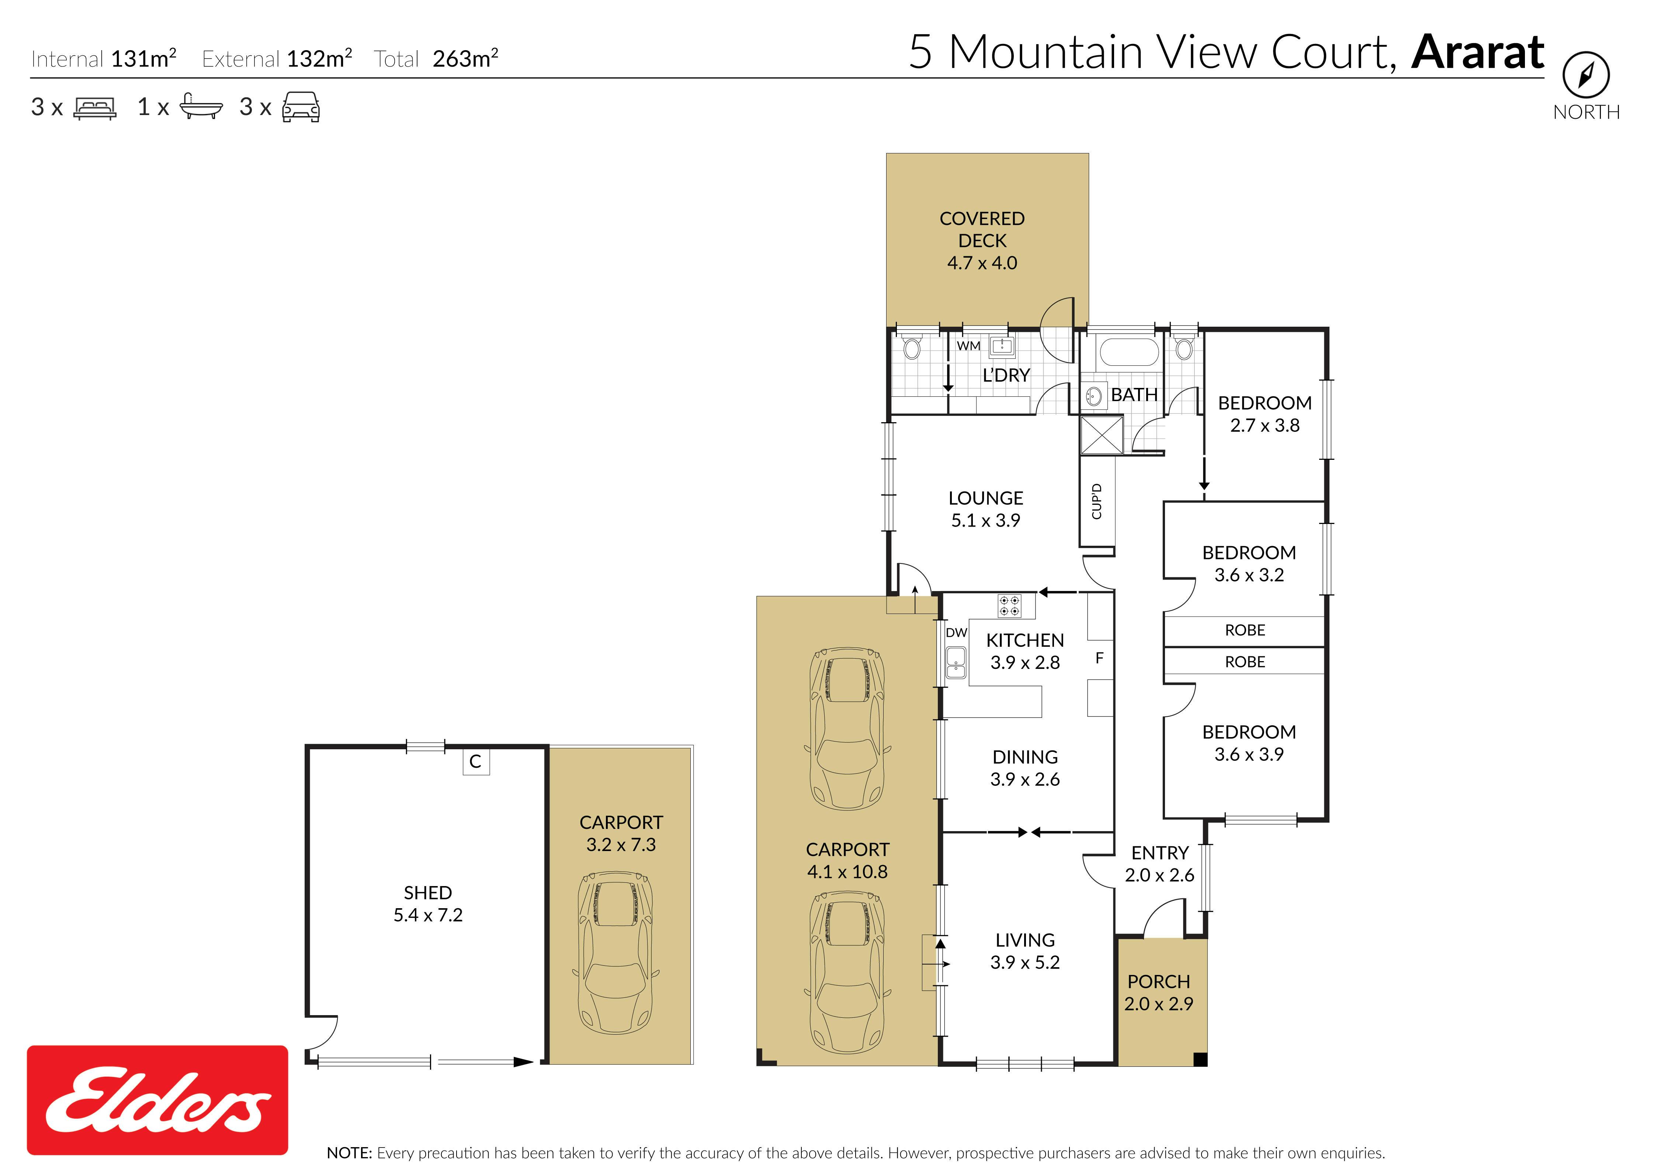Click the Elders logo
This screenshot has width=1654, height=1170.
click(x=157, y=1100)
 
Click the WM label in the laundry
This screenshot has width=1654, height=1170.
click(x=968, y=346)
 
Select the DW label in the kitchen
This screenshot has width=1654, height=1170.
click(x=956, y=632)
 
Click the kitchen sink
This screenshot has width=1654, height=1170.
click(x=955, y=663)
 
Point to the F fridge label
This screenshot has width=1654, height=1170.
click(x=1099, y=658)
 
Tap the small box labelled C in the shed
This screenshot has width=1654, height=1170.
click(x=475, y=761)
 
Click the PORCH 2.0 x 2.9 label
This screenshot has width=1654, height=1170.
click(x=1158, y=992)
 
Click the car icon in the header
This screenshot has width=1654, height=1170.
click(x=301, y=107)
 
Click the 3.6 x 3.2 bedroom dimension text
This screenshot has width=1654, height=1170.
click(x=1249, y=575)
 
